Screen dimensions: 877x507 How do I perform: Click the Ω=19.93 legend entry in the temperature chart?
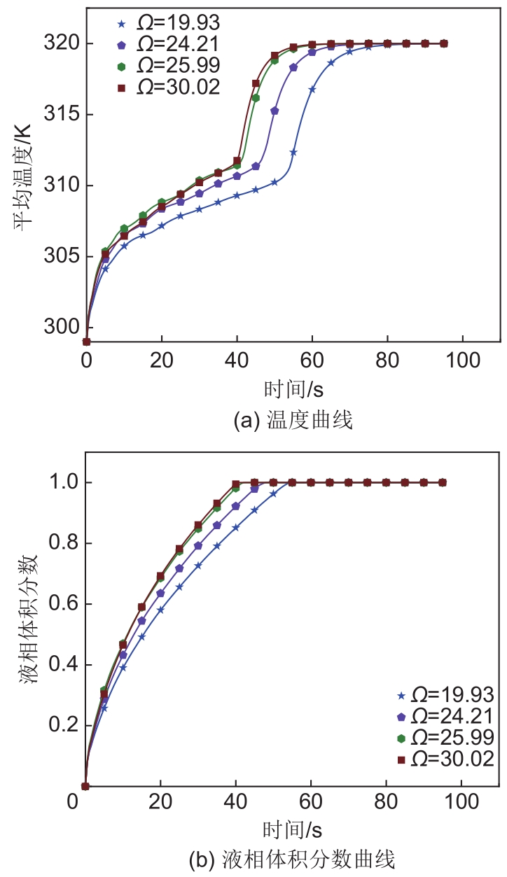168,24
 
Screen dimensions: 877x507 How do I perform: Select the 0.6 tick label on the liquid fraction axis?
62,604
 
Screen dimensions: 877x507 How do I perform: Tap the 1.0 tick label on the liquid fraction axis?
62,483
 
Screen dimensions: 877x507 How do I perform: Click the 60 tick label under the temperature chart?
312,362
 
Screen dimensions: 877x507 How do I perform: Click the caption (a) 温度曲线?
292,421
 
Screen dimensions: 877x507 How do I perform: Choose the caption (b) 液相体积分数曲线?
292,859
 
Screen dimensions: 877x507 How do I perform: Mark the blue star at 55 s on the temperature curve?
293,152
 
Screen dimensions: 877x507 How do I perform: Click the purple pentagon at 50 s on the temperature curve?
275,111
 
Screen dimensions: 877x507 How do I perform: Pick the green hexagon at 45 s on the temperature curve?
256,98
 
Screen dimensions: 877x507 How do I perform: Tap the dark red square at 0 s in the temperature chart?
87,342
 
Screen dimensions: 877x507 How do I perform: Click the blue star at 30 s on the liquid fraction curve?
199,566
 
